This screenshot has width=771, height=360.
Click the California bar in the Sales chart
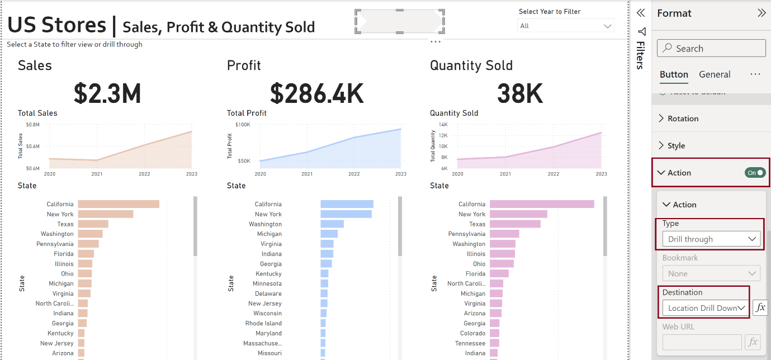[x=119, y=204]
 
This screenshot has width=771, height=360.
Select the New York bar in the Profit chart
[x=346, y=214]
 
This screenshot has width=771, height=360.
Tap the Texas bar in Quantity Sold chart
[x=515, y=224]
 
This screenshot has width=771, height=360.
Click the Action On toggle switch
[x=755, y=173]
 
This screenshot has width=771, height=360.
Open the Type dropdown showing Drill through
[x=711, y=239]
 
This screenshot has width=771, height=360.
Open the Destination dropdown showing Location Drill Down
[x=706, y=308]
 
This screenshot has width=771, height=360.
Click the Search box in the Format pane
[x=711, y=49]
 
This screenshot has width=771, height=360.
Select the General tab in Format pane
[x=715, y=74]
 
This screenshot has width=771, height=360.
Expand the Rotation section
[x=682, y=119]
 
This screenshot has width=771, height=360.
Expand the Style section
[x=675, y=146]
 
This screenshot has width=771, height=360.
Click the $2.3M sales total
[x=107, y=93]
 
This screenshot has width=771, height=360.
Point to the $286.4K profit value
[x=317, y=93]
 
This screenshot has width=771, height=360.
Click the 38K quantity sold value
[x=520, y=93]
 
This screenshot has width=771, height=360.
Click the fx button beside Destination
[x=760, y=307]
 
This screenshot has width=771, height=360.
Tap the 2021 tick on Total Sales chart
[x=97, y=174]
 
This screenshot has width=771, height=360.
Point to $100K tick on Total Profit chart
[x=243, y=125]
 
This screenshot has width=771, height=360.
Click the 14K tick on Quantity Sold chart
[x=443, y=125]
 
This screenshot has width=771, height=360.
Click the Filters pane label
[x=641, y=55]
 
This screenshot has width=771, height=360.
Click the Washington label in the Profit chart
[x=265, y=224]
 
